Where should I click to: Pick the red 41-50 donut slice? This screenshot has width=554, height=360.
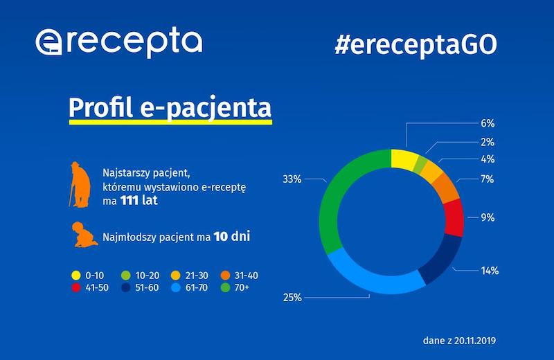pos(454,217)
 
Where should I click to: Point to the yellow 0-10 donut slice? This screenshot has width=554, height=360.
pos(403,157)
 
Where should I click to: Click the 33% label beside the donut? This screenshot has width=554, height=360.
pos(292,179)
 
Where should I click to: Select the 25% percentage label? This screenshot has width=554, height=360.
pos(292,298)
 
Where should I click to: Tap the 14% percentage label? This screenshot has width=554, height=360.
pos(490,271)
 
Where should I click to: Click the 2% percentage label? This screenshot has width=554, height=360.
pos(488,142)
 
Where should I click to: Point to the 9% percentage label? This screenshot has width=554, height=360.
pos(488,217)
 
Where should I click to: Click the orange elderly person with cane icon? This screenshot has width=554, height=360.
pos(80,184)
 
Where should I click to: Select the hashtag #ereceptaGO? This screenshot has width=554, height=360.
pos(415,43)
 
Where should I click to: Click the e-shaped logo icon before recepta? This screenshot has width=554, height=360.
pos(51,43)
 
